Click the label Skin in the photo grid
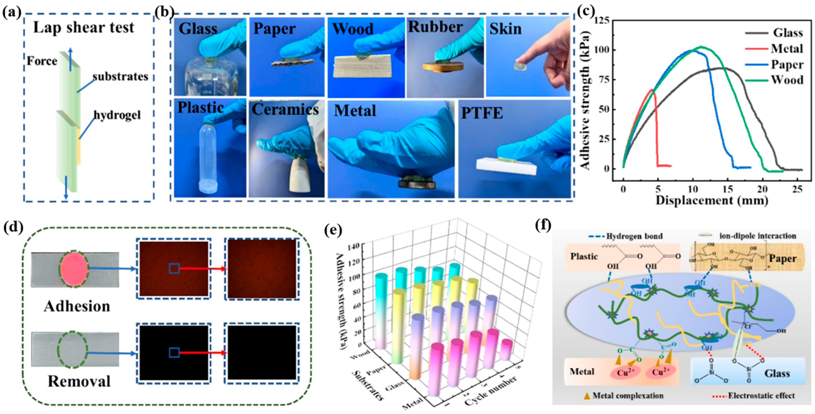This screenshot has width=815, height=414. (506, 29)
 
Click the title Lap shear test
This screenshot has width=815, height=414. (84, 28)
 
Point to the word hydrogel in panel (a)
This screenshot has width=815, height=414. (117, 115)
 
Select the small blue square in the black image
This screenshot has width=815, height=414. (174, 353)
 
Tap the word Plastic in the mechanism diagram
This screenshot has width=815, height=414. (584, 256)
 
